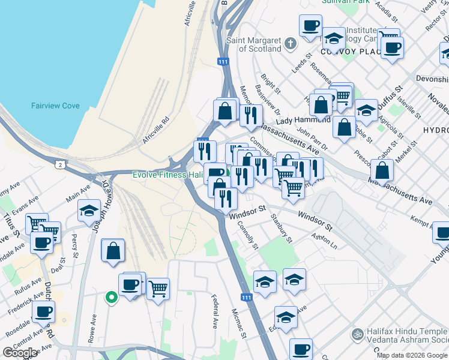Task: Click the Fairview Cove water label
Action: coord(55,106)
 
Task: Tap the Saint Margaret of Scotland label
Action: coord(253,44)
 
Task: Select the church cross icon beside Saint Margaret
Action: coord(291,44)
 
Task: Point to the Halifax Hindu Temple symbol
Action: coord(358,332)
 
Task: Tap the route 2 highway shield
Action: coord(60,164)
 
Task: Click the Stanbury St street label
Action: coord(281,229)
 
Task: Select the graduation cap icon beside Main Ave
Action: coord(89,210)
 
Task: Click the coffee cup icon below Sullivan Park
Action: coord(310,26)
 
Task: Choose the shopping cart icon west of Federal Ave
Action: coord(158,289)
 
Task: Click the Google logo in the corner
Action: coord(20,353)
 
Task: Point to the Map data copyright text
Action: coord(412,355)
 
